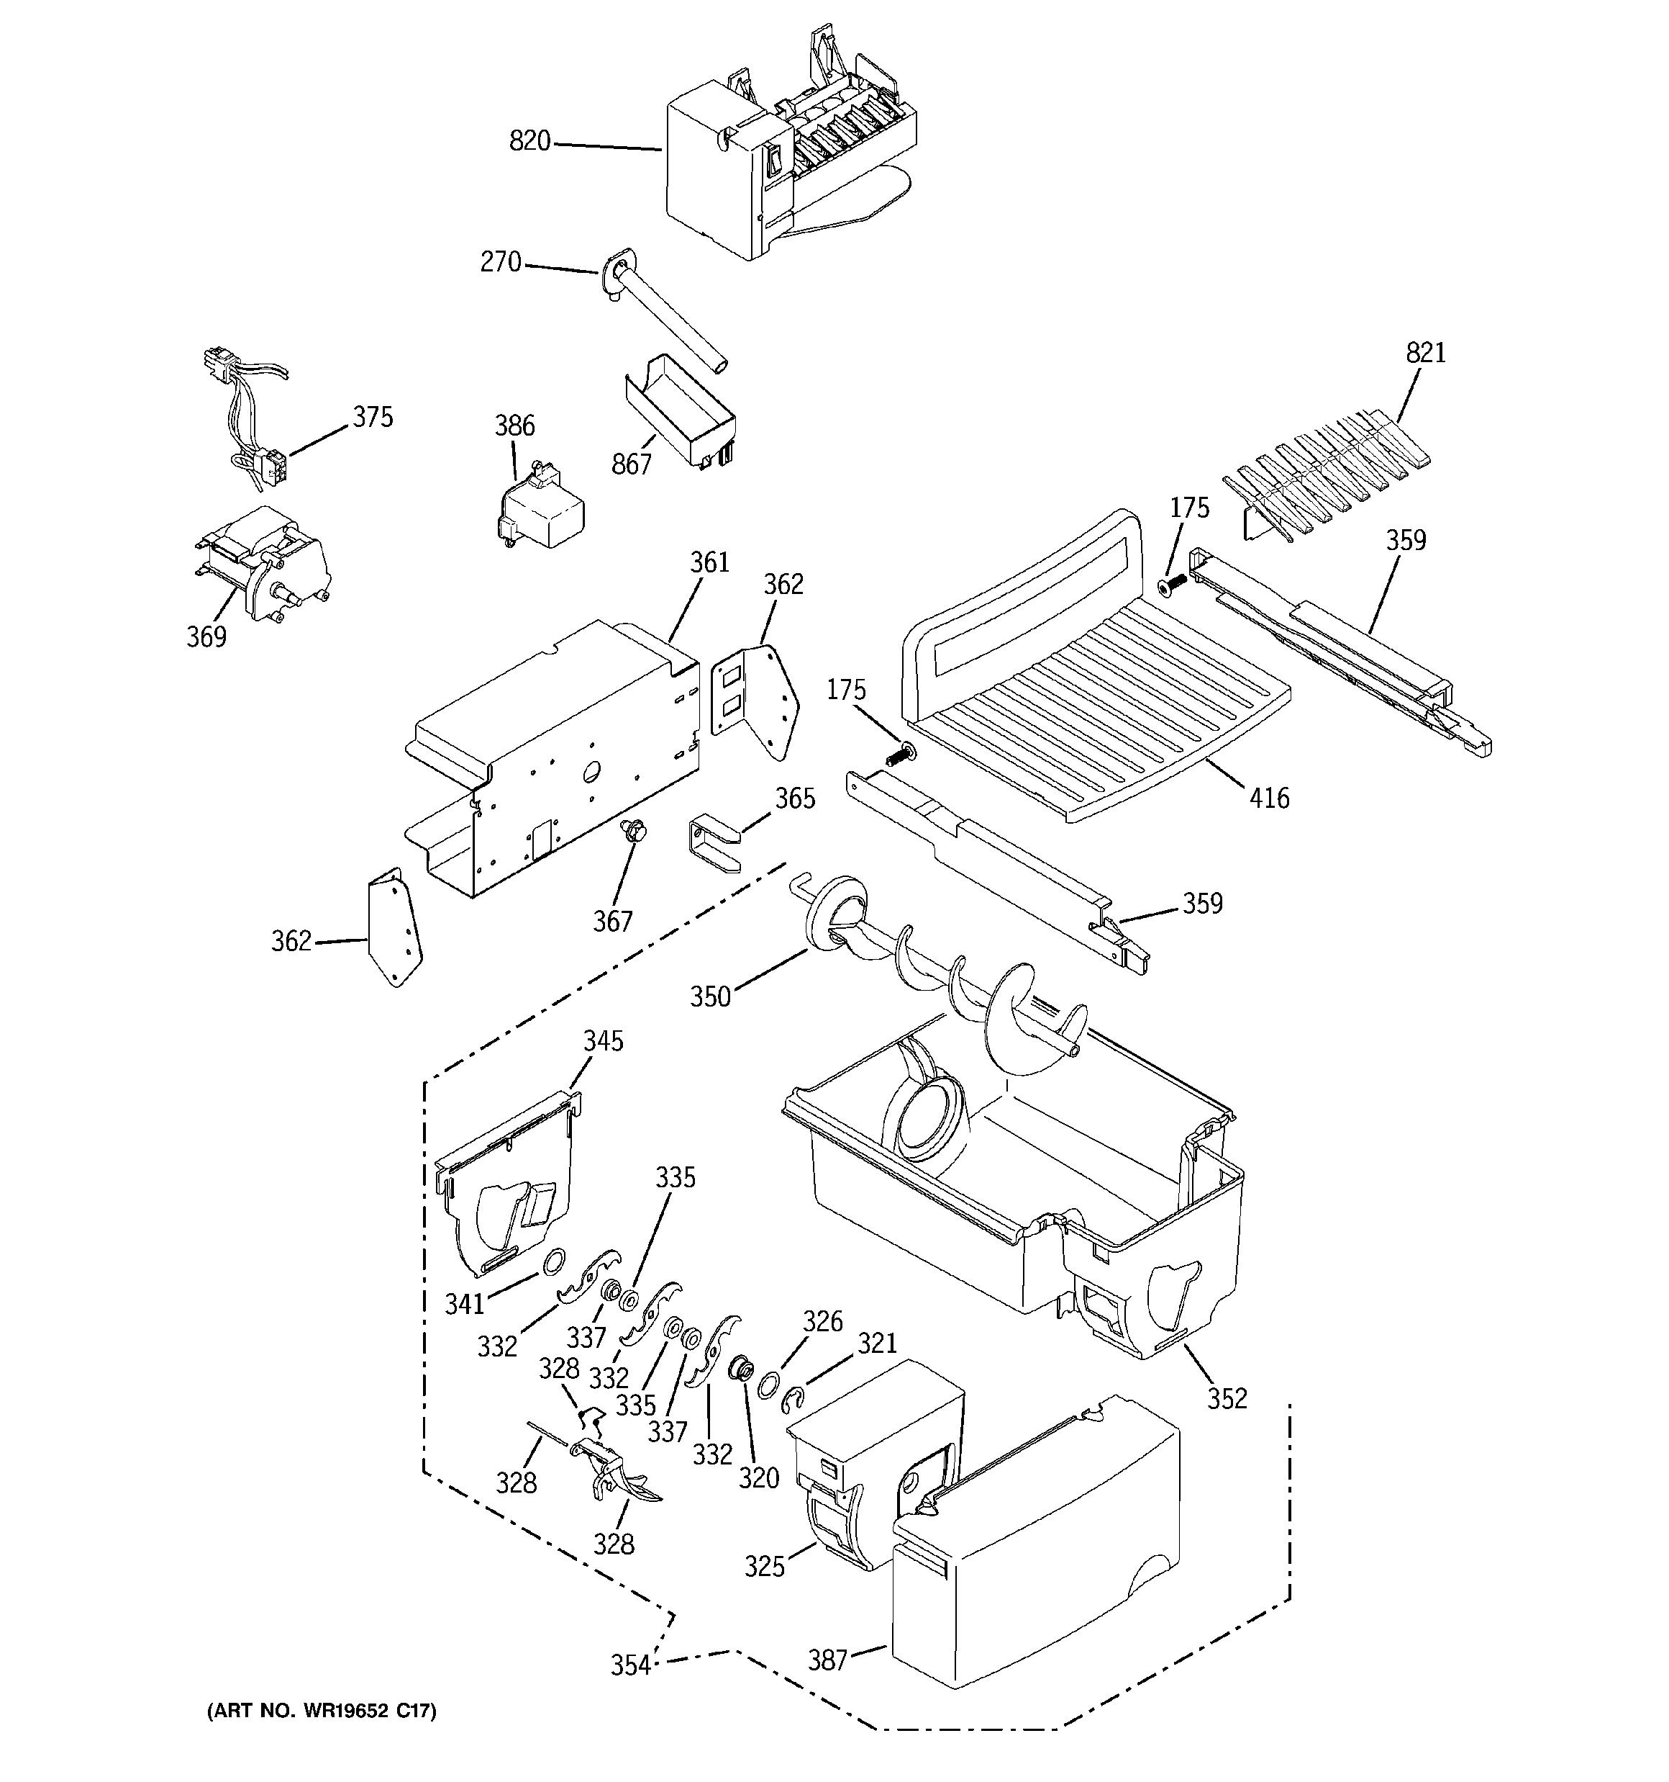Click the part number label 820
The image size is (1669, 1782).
click(529, 142)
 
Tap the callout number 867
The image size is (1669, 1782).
click(632, 464)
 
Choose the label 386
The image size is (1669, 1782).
click(515, 426)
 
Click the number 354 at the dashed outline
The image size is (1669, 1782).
click(631, 1665)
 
